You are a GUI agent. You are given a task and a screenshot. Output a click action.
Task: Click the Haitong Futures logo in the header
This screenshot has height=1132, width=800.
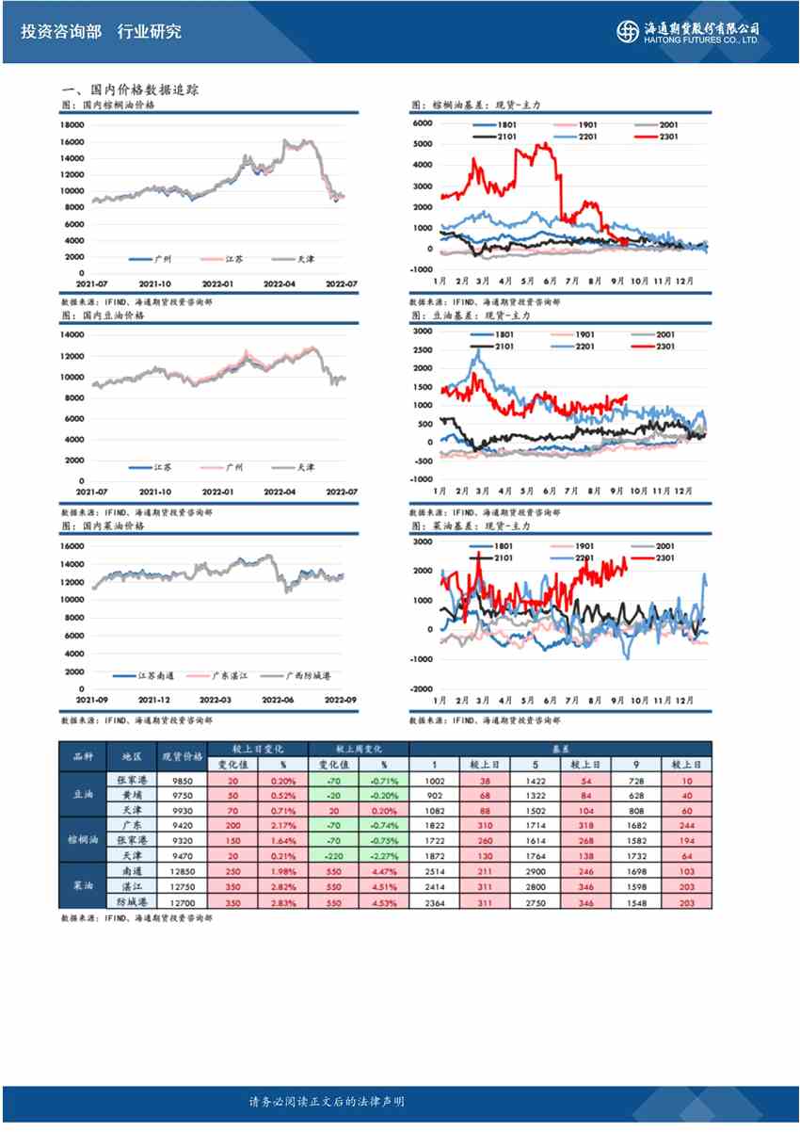[x=688, y=31]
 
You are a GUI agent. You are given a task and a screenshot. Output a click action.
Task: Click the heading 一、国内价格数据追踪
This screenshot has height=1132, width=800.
[x=129, y=89]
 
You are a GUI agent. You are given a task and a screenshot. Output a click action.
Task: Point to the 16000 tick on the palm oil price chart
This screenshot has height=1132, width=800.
[x=72, y=142]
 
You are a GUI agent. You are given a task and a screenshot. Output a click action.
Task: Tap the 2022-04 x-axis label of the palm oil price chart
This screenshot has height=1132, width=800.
[x=280, y=283]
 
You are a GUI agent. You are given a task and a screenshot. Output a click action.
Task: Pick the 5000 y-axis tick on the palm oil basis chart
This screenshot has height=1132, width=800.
[x=422, y=144]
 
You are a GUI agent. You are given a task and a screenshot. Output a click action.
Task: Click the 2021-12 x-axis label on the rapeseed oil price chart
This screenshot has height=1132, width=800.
[x=153, y=700]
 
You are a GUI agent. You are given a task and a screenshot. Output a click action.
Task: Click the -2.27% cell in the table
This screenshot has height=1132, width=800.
[x=384, y=855]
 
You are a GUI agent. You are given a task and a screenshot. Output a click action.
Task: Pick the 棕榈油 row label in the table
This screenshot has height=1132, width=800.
[x=83, y=838]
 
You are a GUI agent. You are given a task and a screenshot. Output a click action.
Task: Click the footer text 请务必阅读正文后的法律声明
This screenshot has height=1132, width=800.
[x=326, y=1102]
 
